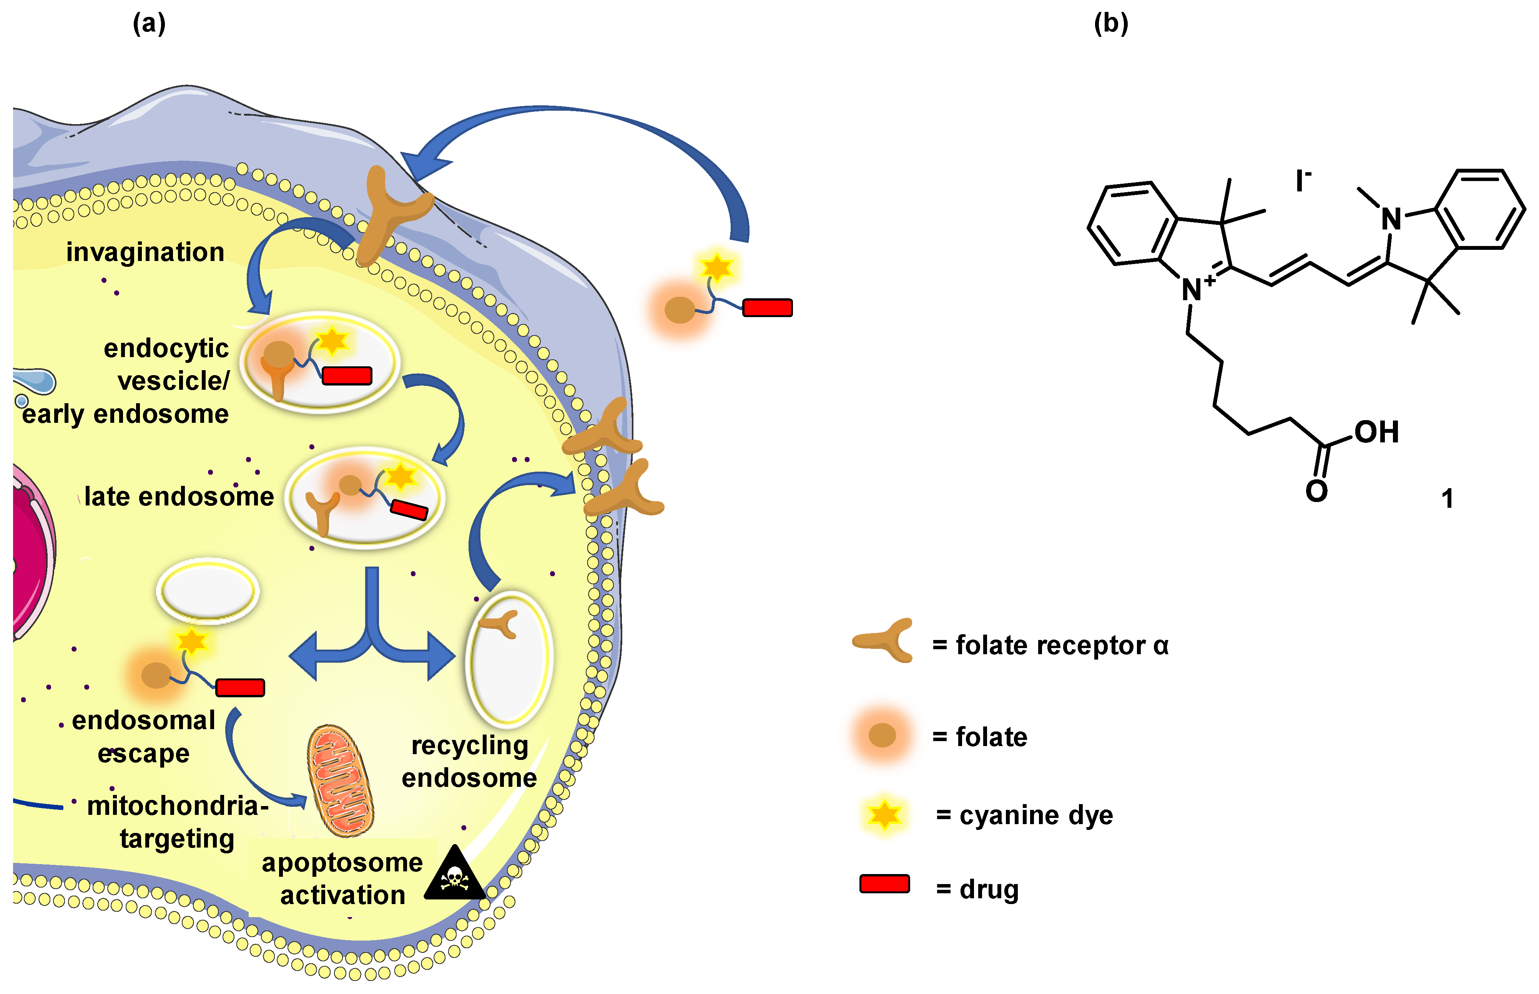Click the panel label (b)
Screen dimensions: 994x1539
pos(1110,24)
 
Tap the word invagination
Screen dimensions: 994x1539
pos(145,252)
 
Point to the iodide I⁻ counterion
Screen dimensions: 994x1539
pos(1302,181)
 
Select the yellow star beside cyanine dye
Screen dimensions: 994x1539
pos(884,814)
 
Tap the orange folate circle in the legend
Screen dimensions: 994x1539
pos(882,735)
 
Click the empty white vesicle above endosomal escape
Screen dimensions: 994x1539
pos(208,590)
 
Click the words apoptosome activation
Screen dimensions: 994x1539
pos(342,879)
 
